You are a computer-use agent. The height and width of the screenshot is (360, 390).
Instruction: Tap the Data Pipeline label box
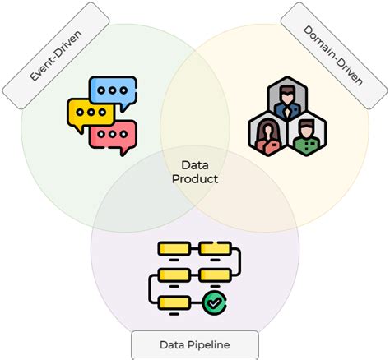pyautogui.click(x=194, y=345)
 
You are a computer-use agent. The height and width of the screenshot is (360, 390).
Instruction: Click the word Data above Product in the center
pyautogui.click(x=195, y=164)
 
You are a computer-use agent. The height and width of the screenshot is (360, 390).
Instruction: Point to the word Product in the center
pyautogui.click(x=195, y=178)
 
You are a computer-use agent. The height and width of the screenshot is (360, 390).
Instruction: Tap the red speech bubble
pyautogui.click(x=113, y=134)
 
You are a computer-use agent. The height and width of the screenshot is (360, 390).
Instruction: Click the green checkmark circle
pyautogui.click(x=215, y=304)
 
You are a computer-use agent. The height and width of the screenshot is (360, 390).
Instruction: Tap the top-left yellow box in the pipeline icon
pyautogui.click(x=173, y=247)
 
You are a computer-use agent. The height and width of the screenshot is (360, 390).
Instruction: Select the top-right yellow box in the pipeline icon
pyautogui.click(x=215, y=247)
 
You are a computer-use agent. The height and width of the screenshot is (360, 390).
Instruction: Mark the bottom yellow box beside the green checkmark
pyautogui.click(x=174, y=304)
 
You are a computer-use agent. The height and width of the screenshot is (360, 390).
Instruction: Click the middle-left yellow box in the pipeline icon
pyautogui.click(x=174, y=275)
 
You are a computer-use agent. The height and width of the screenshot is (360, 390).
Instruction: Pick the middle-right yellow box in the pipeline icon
pyautogui.click(x=214, y=275)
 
